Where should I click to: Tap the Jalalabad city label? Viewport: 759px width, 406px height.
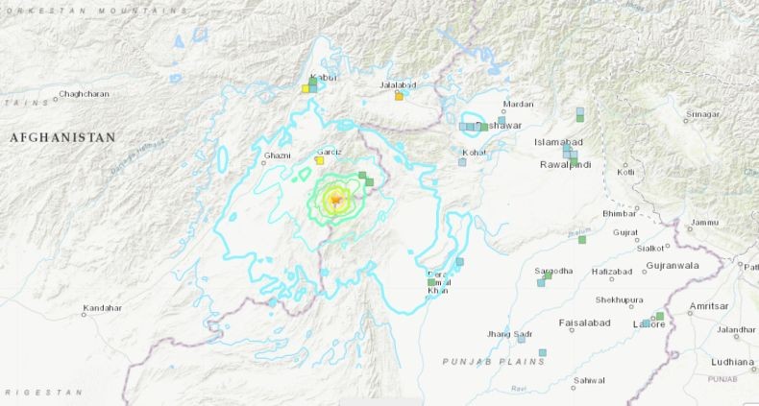tap(397, 85)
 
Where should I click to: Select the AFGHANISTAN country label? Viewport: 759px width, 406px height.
tap(62, 138)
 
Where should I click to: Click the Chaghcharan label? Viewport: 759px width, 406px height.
tap(84, 94)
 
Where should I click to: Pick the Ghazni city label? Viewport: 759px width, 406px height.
tap(277, 154)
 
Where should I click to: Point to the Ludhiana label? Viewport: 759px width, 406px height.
tap(732, 362)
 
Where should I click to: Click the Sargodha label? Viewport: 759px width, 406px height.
tap(554, 271)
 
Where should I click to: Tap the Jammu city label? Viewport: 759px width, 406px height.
tap(704, 223)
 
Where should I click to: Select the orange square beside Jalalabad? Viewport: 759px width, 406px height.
tap(399, 96)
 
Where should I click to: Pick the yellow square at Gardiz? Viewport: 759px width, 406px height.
tap(320, 160)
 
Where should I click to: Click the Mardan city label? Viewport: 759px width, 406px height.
tap(518, 105)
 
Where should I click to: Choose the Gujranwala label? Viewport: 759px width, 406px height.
tap(672, 265)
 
